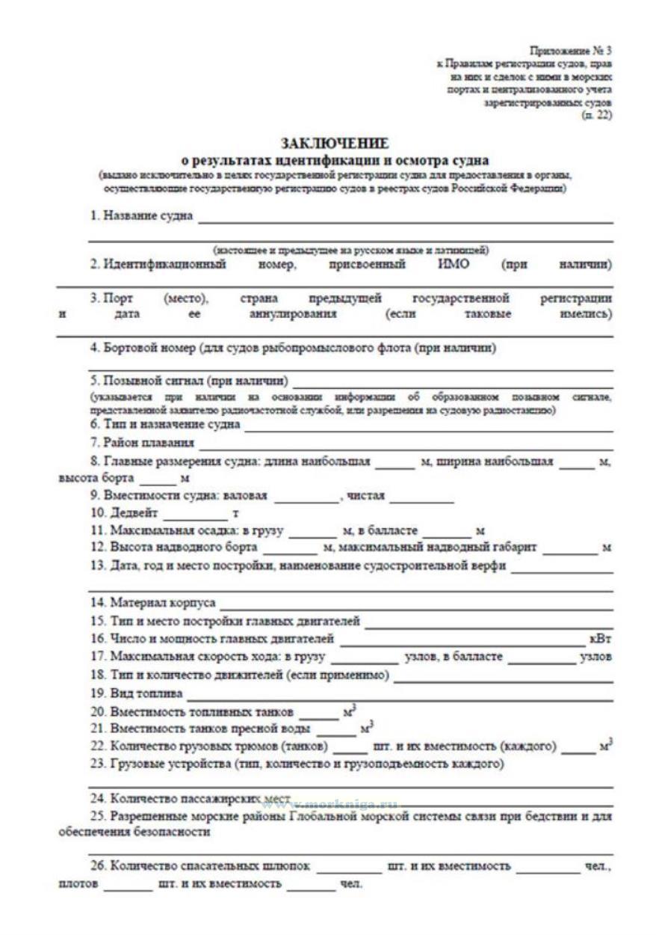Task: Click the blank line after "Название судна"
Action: tap(404, 220)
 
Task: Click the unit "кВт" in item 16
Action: tap(600, 640)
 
